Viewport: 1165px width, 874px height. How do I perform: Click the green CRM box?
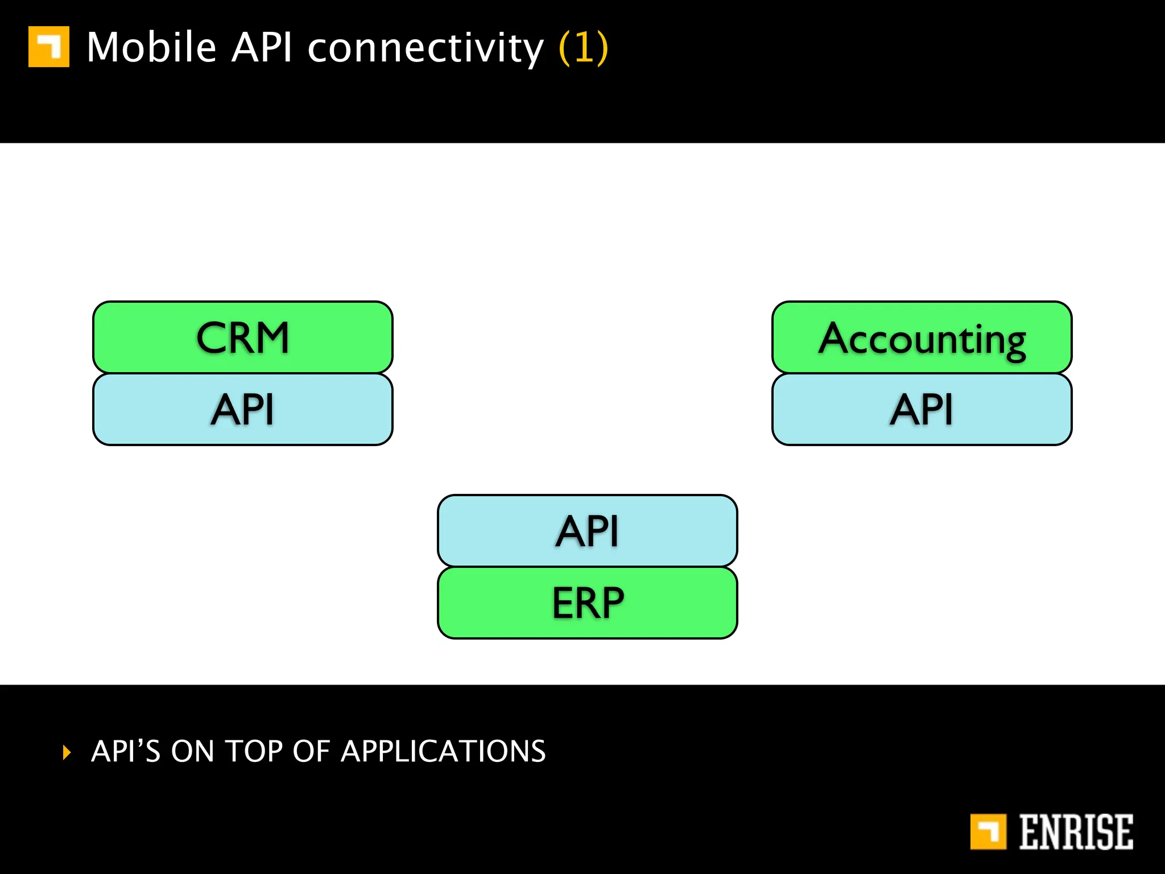(243, 337)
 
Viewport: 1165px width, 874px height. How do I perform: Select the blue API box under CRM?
(243, 409)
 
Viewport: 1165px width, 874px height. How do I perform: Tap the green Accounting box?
(922, 337)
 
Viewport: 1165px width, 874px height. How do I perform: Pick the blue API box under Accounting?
(922, 409)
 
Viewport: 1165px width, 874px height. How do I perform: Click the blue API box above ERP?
(587, 530)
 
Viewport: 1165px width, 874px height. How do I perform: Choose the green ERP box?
(587, 603)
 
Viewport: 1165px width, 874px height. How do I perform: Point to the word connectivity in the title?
(425, 48)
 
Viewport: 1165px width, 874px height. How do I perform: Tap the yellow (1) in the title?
(584, 48)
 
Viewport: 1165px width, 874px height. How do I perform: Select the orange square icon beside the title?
(49, 47)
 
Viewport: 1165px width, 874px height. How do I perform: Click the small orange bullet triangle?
(67, 752)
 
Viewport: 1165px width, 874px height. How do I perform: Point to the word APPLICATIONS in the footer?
(443, 751)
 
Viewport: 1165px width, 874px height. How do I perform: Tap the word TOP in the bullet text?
(254, 751)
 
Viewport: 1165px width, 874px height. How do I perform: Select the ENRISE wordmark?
(1076, 832)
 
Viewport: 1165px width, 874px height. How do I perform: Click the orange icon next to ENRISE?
(988, 831)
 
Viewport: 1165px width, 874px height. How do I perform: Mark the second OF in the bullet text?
(311, 751)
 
